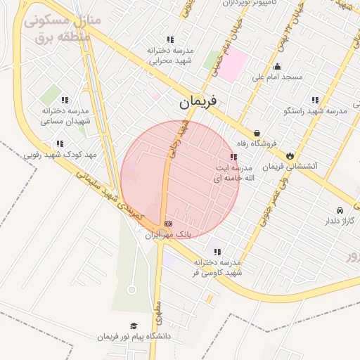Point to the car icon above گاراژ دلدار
pyautogui.click(x=340, y=210)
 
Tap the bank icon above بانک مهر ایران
pyautogui.click(x=167, y=224)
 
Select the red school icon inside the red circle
pyautogui.click(x=233, y=157)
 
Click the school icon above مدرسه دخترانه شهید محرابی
pyautogui.click(x=169, y=40)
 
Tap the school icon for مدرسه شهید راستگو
pyautogui.click(x=315, y=100)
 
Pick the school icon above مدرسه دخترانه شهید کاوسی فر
pyautogui.click(x=217, y=251)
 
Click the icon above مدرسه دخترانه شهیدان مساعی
pyautogui.click(x=65, y=100)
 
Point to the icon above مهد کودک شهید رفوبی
pyautogui.click(x=60, y=143)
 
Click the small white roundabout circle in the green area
pyautogui.click(x=131, y=290)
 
